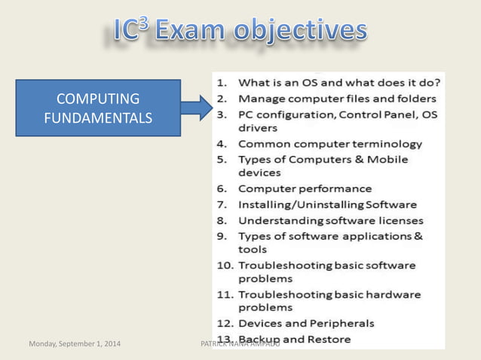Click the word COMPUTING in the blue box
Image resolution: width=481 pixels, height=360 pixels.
tap(98, 99)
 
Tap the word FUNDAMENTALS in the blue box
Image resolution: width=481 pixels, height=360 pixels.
tap(98, 117)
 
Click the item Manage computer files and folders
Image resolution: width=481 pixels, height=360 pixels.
tap(331, 98)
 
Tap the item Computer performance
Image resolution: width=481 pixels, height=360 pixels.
tap(305, 188)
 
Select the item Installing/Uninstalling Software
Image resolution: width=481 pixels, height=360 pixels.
tap(327, 204)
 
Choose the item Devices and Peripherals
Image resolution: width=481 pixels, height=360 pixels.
tap(306, 323)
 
